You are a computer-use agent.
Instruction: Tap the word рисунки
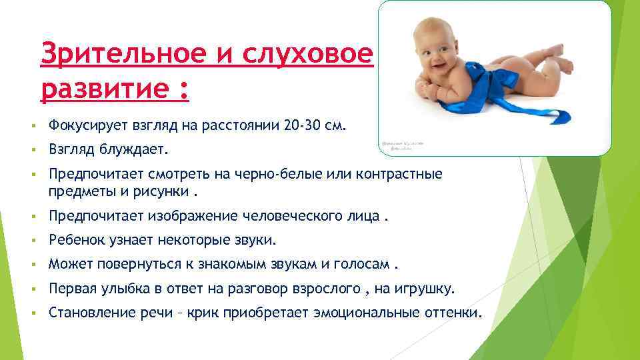click(x=155, y=193)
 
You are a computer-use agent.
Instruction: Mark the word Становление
click(x=83, y=312)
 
